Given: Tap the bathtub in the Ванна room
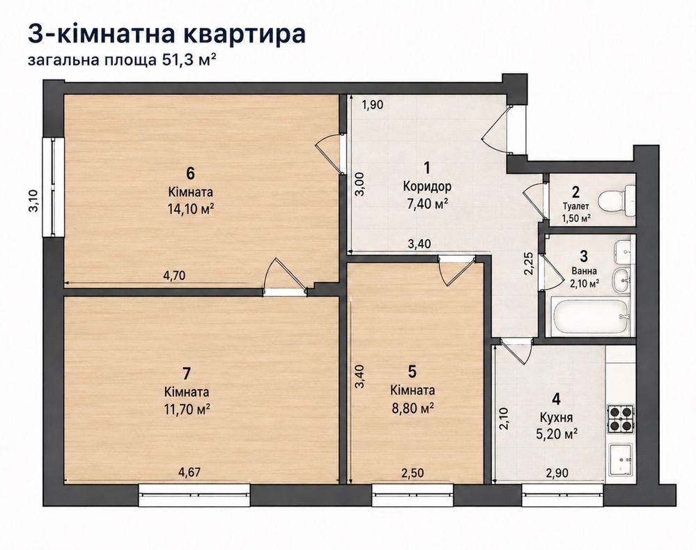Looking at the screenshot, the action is click(x=590, y=317).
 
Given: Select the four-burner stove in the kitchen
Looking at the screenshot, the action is click(x=620, y=419).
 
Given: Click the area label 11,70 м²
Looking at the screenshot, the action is click(x=187, y=409).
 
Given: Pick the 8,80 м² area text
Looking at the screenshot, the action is click(x=412, y=407).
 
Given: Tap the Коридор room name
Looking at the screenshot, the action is click(x=427, y=186).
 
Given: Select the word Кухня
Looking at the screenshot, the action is click(x=556, y=418).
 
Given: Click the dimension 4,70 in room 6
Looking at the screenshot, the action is click(x=174, y=276).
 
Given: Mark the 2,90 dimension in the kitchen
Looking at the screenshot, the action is click(x=557, y=473).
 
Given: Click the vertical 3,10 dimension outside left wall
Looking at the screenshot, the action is click(x=33, y=201).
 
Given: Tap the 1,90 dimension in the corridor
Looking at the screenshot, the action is click(x=373, y=105).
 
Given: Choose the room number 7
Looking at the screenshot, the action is click(x=187, y=373).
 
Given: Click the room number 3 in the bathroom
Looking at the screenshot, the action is click(x=584, y=256).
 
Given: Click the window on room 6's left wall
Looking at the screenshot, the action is click(x=54, y=187).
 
